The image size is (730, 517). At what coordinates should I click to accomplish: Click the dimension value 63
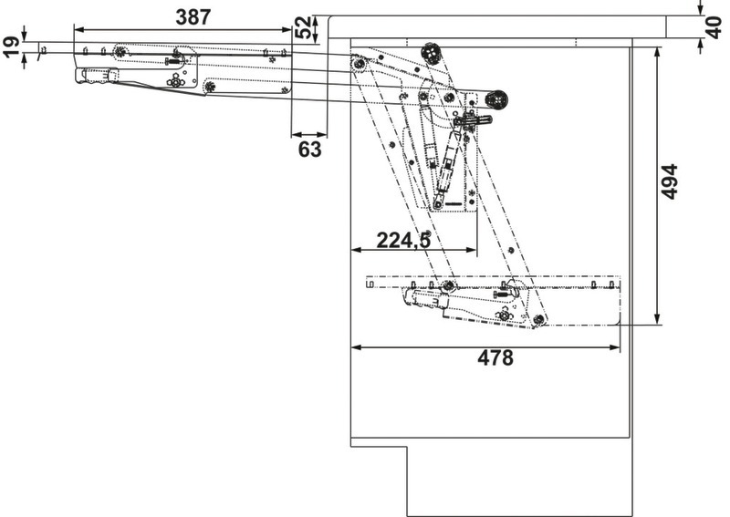pyautogui.click(x=310, y=150)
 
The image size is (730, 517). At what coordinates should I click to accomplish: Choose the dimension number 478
pyautogui.click(x=495, y=358)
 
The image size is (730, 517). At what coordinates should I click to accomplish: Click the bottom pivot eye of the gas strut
pyautogui.click(x=439, y=203)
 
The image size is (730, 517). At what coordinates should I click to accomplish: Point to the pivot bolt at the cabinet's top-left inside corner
pyautogui.click(x=360, y=63)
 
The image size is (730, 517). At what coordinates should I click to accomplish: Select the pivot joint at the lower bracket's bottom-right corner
pyautogui.click(x=538, y=319)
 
